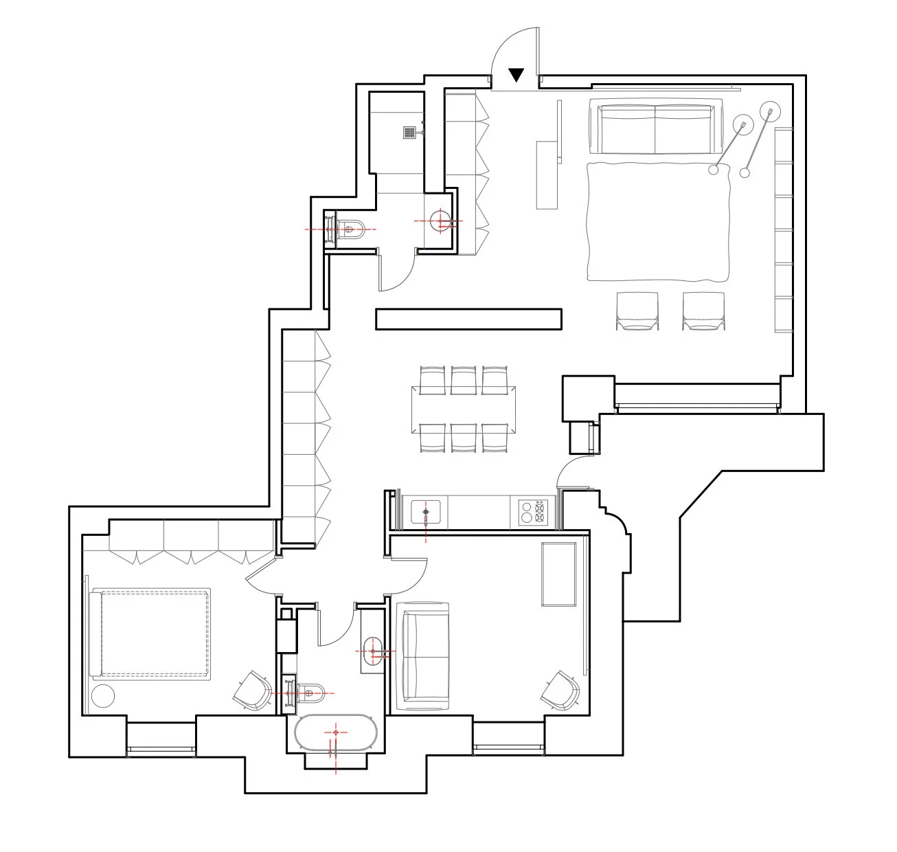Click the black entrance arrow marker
point(516,75)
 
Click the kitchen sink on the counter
point(426,513)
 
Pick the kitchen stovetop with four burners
point(533,513)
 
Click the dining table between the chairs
point(464,410)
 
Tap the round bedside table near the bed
point(102,696)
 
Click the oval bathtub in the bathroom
point(335,733)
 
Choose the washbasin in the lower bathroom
point(374,649)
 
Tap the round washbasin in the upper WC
point(440,221)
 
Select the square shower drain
point(410,132)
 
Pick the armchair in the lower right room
point(561,691)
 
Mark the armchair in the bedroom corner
point(252,691)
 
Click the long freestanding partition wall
point(468,319)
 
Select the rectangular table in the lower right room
point(558,574)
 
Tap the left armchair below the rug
point(637,311)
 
